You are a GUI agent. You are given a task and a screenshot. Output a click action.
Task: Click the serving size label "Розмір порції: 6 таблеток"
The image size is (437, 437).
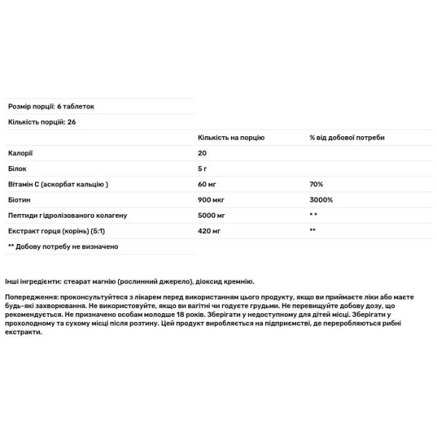pyautogui.click(x=51, y=106)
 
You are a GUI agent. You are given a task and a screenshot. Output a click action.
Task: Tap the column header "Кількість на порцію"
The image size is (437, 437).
pyautogui.click(x=231, y=137)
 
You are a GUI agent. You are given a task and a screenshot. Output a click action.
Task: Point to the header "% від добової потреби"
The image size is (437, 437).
pyautogui.click(x=347, y=137)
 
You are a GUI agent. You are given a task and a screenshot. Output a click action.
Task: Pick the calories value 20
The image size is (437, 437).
pyautogui.click(x=202, y=154)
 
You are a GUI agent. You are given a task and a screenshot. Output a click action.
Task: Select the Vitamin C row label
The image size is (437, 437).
pyautogui.click(x=58, y=184)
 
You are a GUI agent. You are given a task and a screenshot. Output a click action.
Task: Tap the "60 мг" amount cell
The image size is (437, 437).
pyautogui.click(x=207, y=184)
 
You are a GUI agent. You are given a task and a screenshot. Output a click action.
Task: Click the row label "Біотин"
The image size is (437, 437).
pyautogui.click(x=20, y=200)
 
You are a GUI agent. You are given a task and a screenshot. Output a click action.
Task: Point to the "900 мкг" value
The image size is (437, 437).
pyautogui.click(x=210, y=200)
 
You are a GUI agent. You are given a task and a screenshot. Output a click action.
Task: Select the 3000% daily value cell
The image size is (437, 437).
pyautogui.click(x=320, y=200)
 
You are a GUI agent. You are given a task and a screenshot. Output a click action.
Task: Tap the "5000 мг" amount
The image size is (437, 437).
pyautogui.click(x=210, y=215)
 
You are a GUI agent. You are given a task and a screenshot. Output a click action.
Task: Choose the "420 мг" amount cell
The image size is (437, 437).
pyautogui.click(x=208, y=230)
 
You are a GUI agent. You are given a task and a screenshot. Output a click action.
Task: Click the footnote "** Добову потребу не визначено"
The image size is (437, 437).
pyautogui.click(x=63, y=246)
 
